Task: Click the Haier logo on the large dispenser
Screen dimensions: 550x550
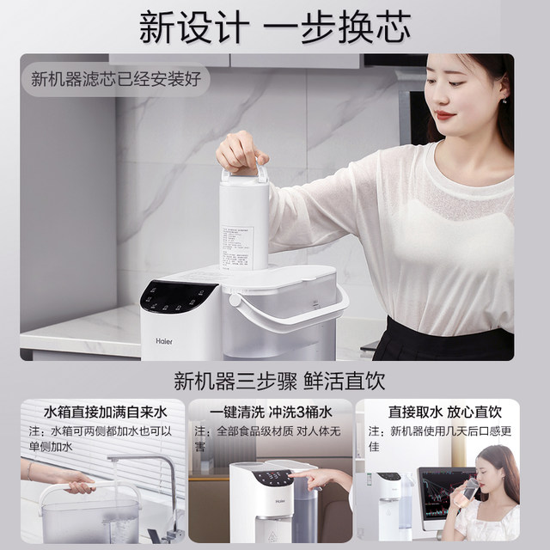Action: [x=163, y=340]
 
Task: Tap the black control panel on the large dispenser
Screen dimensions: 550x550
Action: [x=179, y=298]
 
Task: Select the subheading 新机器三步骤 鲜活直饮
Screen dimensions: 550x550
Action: [x=275, y=381]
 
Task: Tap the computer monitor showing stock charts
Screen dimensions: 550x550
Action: [x=444, y=496]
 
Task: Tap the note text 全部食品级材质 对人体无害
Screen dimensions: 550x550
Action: [x=272, y=438]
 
